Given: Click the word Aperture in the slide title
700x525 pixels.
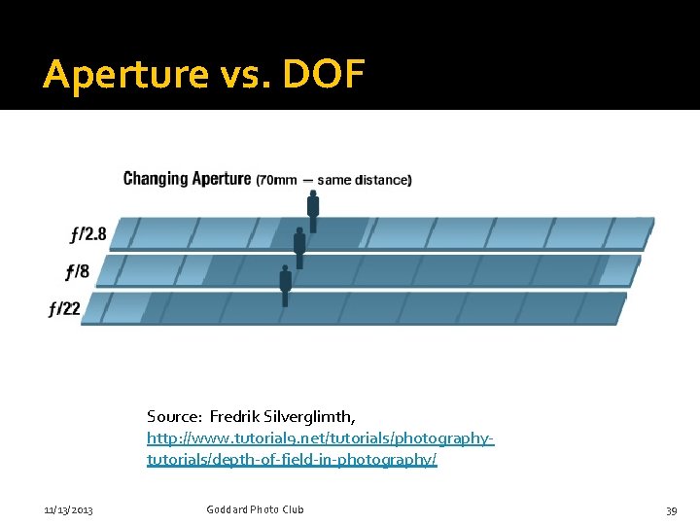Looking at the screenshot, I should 124,75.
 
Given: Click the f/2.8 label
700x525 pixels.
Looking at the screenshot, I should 87,234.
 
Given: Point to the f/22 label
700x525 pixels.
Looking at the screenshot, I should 64,309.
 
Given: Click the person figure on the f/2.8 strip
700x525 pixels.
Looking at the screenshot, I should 313,209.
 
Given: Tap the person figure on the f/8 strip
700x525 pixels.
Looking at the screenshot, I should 299,247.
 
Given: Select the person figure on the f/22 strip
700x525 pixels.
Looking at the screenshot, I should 285,286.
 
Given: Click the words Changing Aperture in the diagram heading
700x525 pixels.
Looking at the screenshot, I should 187,179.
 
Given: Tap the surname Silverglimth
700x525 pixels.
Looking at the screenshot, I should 313,417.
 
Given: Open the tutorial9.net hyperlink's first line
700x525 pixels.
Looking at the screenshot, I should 321,438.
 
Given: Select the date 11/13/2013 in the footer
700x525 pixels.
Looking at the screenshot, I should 68,509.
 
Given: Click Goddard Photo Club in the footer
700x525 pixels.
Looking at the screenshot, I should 255,509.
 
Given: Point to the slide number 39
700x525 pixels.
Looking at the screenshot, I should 671,509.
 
